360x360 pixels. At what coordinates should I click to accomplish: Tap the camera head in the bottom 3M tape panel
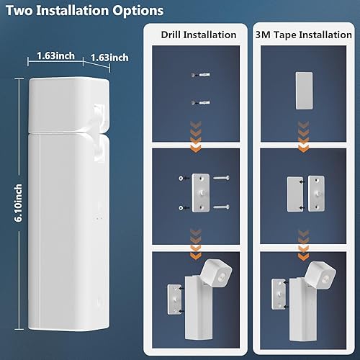(323, 273)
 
